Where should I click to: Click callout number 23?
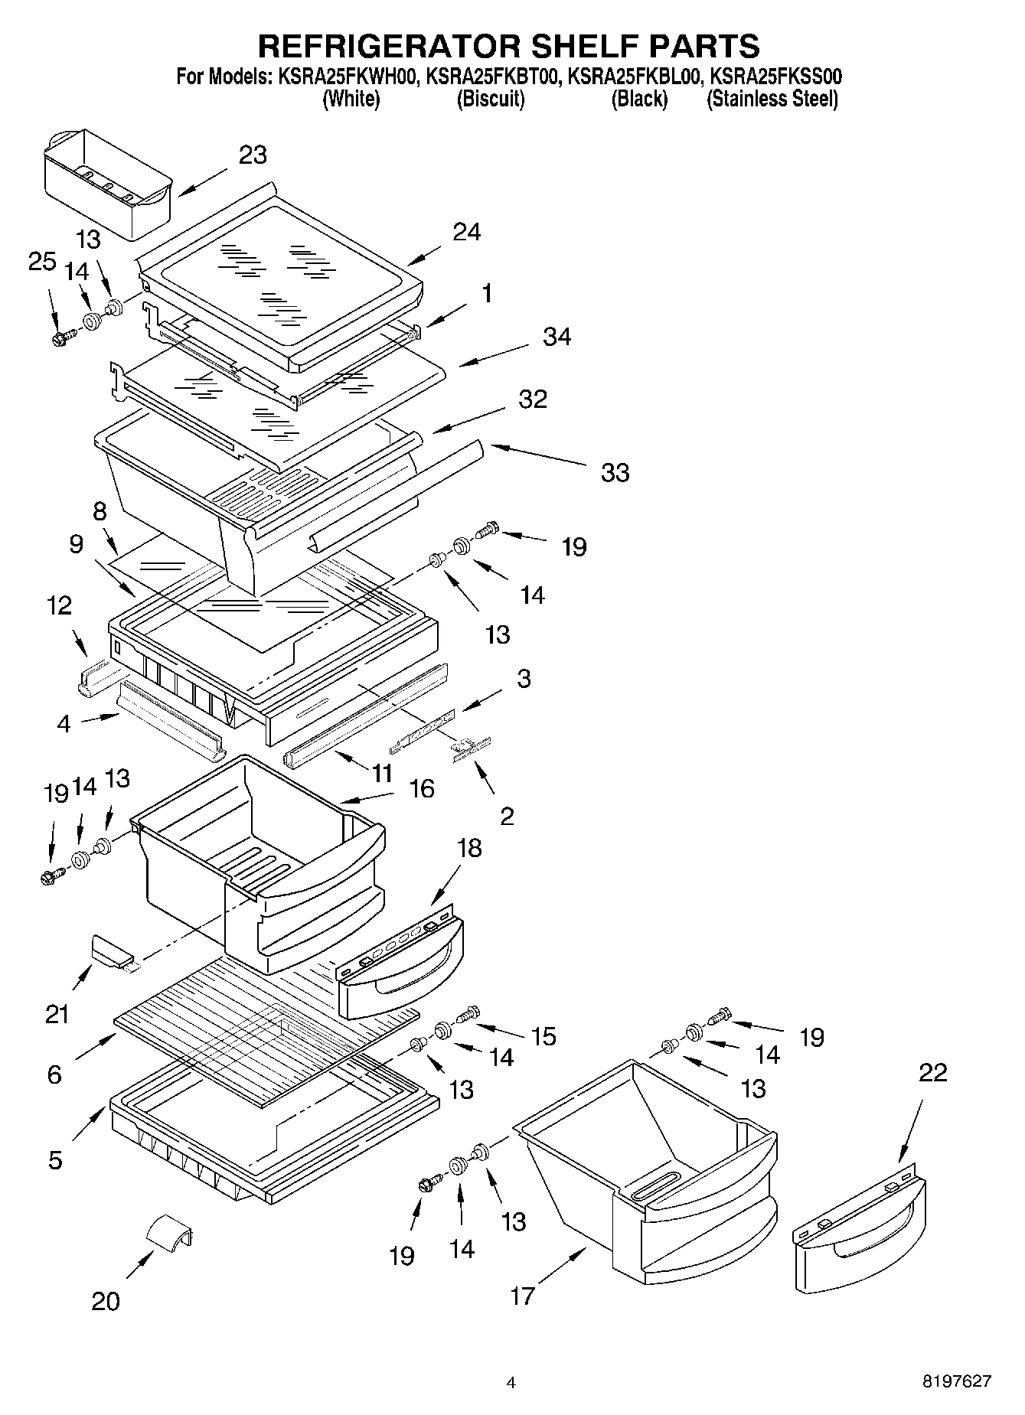coord(253,155)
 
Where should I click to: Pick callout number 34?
coord(557,336)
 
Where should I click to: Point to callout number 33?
coord(615,472)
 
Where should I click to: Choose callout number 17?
coord(522,1296)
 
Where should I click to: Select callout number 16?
coord(422,788)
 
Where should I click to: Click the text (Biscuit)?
coord(490,99)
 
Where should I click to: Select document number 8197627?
coord(957,1381)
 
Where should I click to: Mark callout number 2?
coord(507,817)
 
